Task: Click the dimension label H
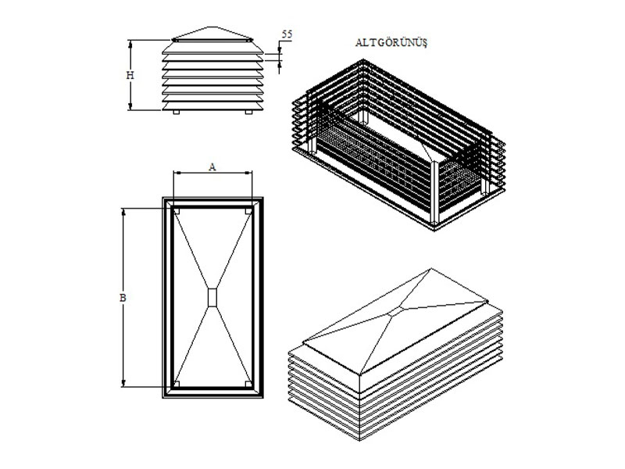(130, 74)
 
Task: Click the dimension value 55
(287, 34)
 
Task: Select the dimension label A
(212, 166)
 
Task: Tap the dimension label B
(123, 298)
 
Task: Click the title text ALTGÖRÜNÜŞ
(391, 43)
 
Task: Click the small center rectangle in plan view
(212, 298)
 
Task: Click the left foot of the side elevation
(177, 112)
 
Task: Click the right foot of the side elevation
(248, 112)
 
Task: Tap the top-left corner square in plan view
(177, 211)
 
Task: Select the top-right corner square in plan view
(248, 211)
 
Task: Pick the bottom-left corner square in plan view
(177, 384)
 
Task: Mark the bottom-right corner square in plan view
(248, 384)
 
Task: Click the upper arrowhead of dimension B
(123, 212)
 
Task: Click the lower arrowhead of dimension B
(123, 383)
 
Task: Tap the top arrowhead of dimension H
(130, 44)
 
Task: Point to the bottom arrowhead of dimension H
(130, 106)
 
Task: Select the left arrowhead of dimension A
(177, 173)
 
